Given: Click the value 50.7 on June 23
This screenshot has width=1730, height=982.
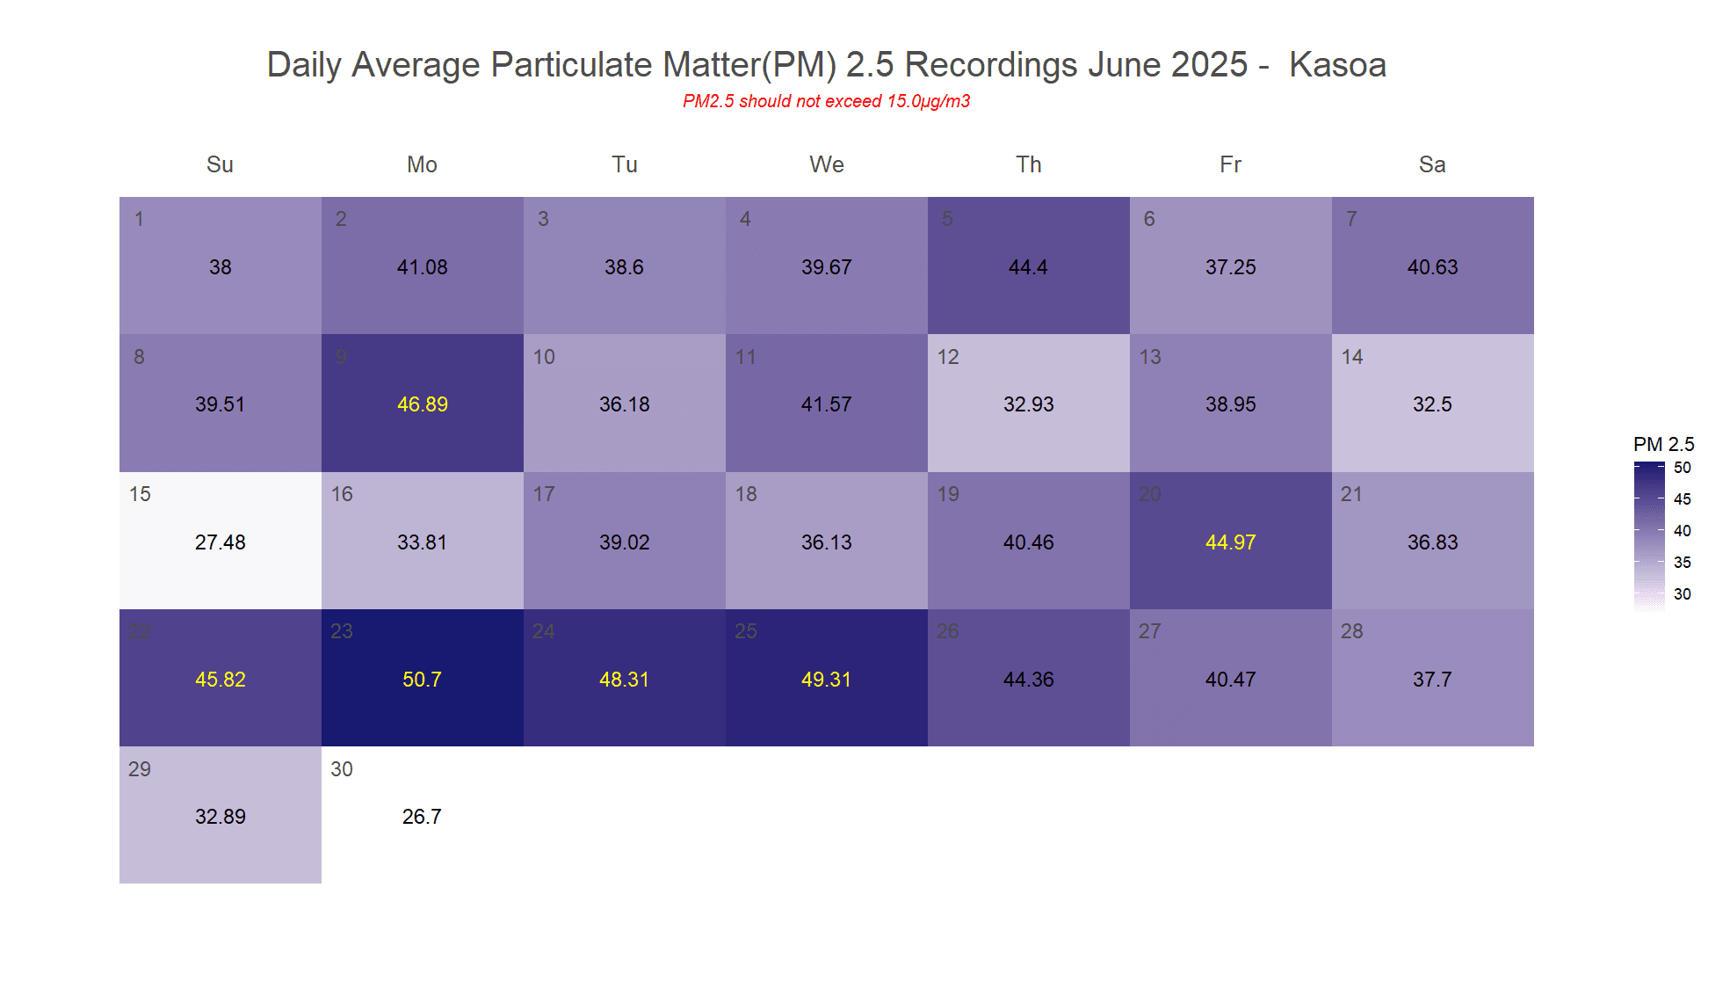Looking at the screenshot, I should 422,680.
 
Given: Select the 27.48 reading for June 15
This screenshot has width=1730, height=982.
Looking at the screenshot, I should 221,542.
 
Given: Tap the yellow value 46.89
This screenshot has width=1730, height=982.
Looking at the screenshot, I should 423,404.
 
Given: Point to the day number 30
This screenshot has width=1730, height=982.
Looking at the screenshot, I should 342,769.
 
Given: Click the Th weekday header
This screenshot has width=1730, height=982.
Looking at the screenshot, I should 1029,164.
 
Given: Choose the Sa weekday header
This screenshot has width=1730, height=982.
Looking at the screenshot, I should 1432,164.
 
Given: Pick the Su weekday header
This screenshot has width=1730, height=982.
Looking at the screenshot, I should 220,164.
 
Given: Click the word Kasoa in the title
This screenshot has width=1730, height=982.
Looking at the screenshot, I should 1337,65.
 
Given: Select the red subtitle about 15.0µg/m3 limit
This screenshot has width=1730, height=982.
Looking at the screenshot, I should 826,101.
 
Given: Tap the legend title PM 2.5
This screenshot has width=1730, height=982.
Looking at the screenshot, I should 1663,444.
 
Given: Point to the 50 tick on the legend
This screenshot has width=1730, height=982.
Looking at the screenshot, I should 1682,468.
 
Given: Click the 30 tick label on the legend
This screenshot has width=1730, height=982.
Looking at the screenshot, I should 1682,594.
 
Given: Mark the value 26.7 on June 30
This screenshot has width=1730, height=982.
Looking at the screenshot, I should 422,817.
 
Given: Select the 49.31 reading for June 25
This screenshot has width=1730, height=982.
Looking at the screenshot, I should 827,680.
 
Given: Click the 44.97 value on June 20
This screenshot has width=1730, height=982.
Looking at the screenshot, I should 1231,542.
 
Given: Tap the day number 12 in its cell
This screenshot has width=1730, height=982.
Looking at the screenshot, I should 948,357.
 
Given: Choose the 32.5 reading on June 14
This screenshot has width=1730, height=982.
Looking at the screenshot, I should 1432,404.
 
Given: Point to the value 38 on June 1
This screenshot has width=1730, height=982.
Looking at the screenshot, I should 221,267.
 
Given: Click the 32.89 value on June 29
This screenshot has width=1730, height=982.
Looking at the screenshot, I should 221,817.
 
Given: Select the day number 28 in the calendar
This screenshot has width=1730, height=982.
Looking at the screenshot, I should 1352,631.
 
